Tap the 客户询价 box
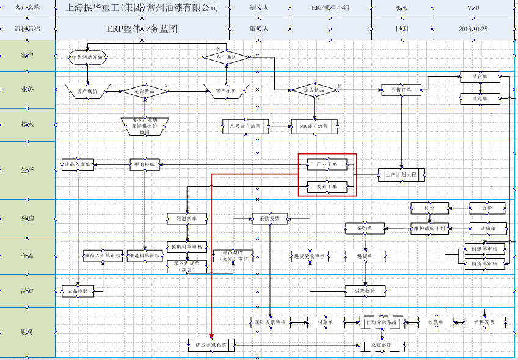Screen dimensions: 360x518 click(87, 91)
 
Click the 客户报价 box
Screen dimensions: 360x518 click(226, 91)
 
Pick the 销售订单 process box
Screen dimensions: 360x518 click(401, 90)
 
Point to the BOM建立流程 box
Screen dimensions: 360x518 click(314, 127)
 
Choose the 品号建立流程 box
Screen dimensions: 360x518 click(242, 127)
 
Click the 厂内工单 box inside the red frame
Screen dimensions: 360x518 click(326, 164)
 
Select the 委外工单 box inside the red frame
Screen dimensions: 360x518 click(326, 186)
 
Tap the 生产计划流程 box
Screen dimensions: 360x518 click(401, 174)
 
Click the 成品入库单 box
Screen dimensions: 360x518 click(78, 164)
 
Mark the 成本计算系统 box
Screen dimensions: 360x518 click(211, 345)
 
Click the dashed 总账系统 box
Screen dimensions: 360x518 click(382, 345)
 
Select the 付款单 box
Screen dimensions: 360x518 click(324, 321)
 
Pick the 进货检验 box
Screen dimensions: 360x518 click(365, 291)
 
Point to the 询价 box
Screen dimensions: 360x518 click(487, 208)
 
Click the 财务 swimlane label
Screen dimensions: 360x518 click(27, 332)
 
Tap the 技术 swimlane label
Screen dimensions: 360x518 click(27, 124)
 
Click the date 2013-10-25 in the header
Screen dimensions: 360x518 click(473, 29)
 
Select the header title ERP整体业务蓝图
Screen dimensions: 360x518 click(142, 29)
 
